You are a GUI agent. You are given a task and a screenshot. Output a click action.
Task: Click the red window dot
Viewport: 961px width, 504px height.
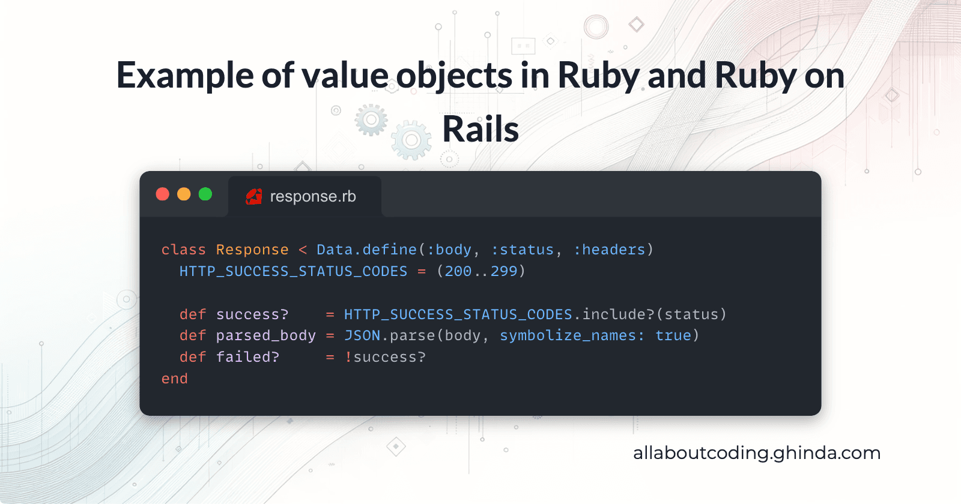[x=163, y=194]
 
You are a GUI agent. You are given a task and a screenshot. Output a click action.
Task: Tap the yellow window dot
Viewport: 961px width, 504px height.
[x=184, y=194]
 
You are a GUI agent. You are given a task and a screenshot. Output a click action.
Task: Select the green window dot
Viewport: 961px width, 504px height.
[x=205, y=194]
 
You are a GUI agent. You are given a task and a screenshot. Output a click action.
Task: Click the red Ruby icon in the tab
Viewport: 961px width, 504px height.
[x=254, y=196]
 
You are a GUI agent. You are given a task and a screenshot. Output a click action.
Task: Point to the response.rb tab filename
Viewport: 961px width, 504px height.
[x=313, y=196]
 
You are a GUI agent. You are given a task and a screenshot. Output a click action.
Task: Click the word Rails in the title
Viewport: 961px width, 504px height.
[x=480, y=130]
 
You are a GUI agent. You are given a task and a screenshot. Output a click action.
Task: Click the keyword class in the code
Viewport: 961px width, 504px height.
[x=183, y=250]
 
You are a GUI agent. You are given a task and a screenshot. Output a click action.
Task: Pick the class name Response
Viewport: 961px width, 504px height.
[x=252, y=250]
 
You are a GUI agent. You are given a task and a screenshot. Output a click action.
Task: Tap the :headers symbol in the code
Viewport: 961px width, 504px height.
[x=609, y=250]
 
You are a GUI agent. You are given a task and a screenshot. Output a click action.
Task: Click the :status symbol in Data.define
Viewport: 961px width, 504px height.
[x=522, y=250]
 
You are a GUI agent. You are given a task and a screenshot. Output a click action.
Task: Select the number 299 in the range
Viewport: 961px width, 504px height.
[x=504, y=271]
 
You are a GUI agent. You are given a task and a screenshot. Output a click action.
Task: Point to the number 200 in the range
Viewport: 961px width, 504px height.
[x=458, y=271]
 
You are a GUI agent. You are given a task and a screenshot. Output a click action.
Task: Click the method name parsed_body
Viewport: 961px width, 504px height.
[x=265, y=335]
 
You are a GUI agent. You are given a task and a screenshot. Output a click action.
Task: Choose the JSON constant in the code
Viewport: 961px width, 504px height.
[x=362, y=335]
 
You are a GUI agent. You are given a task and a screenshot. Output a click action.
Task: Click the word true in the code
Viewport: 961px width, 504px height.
[x=673, y=335]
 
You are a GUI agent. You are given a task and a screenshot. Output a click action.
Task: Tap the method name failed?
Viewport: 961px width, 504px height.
[x=247, y=357]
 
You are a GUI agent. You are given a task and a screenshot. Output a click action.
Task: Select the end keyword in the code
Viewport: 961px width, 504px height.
[x=175, y=379]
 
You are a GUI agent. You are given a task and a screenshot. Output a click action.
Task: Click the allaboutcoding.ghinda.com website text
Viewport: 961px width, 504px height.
[x=756, y=453]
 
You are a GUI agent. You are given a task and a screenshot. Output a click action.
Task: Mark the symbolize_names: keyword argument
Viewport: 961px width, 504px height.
[x=572, y=335]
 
